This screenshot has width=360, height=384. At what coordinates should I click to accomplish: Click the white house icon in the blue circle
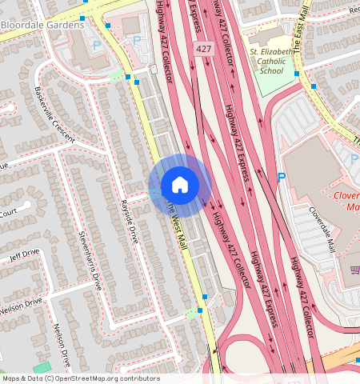coord(180,186)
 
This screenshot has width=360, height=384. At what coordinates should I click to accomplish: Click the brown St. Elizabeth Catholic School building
coord(265,38)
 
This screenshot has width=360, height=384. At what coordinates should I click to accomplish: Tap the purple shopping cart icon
coord(354,270)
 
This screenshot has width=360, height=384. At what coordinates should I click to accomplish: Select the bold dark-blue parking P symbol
coord(281,177)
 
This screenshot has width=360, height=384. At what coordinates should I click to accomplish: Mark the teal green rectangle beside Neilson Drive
coord(42,367)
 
